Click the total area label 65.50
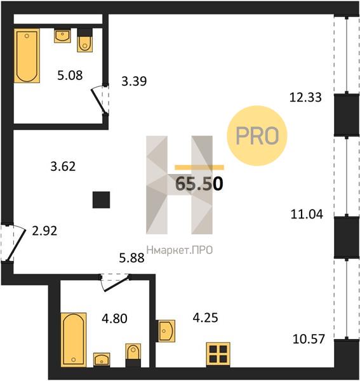[199, 184]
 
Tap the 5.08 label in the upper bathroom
[70, 76]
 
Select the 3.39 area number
[134, 81]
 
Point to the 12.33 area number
[305, 97]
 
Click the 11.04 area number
[307, 215]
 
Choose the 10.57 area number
[309, 339]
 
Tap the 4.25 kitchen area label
[205, 317]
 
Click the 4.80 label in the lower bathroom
[114, 319]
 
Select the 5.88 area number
[131, 258]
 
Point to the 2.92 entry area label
[44, 231]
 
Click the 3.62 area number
[63, 166]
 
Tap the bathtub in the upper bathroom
[27, 56]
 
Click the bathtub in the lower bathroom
[74, 340]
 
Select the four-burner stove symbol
[218, 354]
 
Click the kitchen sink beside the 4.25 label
[166, 331]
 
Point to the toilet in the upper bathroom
[85, 41]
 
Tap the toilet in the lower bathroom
[133, 355]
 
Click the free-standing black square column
[102, 200]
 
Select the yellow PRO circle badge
[257, 136]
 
